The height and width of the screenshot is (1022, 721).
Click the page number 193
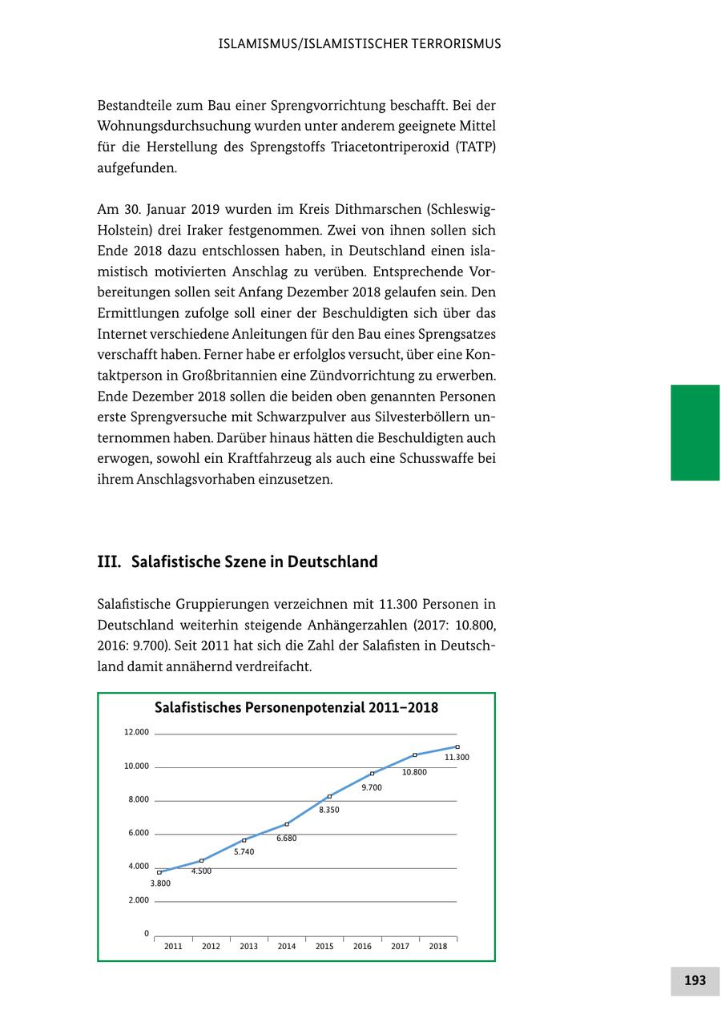click(695, 980)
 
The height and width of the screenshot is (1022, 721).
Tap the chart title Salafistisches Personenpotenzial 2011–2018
click(296, 708)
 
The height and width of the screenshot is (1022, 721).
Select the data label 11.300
click(457, 757)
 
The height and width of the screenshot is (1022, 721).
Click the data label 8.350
click(329, 810)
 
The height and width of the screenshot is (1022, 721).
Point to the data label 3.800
click(160, 883)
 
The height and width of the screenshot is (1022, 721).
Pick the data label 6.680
click(287, 839)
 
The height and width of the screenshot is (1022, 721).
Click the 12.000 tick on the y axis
click(136, 732)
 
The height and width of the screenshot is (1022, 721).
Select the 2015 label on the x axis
click(324, 947)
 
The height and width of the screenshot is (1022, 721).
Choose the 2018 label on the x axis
click(438, 947)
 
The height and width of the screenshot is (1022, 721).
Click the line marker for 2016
click(372, 774)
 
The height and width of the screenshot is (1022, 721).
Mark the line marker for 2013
click(244, 840)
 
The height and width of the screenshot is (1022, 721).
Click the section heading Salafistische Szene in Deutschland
click(254, 562)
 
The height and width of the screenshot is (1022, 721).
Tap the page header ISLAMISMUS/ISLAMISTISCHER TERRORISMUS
click(360, 44)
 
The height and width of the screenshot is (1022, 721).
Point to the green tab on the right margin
click(695, 433)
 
